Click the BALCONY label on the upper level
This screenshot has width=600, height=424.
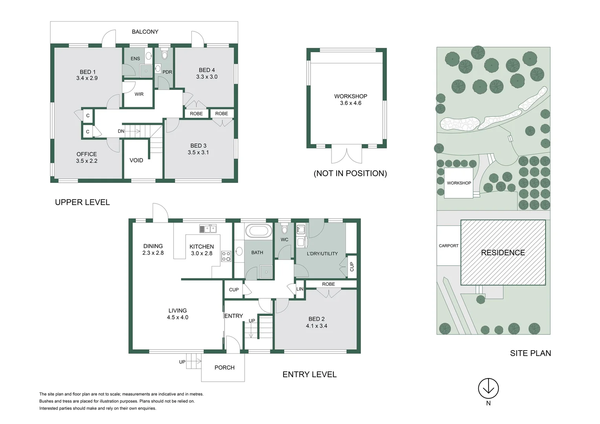click(x=145, y=32)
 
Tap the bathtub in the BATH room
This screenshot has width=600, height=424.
click(x=258, y=231)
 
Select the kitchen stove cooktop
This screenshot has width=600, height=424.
click(x=226, y=256)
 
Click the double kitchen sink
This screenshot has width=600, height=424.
click(x=208, y=228)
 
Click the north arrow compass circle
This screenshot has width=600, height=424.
click(x=488, y=389)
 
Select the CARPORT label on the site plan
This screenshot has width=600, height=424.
click(x=448, y=246)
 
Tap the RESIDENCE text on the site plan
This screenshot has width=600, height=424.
click(x=503, y=253)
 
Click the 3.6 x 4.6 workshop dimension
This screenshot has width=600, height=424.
click(x=351, y=103)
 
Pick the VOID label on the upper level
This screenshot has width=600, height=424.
click(x=136, y=160)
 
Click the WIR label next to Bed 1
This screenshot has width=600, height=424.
click(x=139, y=94)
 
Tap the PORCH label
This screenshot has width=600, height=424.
click(x=224, y=367)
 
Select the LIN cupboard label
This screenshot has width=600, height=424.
click(x=300, y=289)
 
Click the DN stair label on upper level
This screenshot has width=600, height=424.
click(x=121, y=131)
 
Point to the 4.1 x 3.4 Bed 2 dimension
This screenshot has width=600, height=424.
click(x=316, y=326)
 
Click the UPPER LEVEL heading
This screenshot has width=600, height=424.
click(x=82, y=202)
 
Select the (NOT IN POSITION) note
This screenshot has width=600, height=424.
click(x=350, y=174)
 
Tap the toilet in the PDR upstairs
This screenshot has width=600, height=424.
click(x=165, y=54)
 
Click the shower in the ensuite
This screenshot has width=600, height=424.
click(x=146, y=71)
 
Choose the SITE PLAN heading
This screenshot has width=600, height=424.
click(x=530, y=353)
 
